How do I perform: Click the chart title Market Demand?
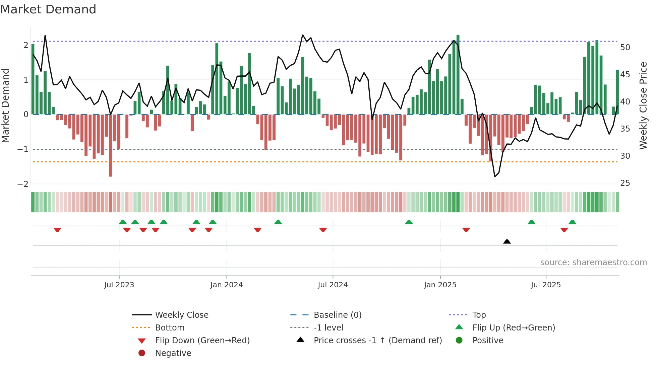pyautogui.click(x=48, y=9)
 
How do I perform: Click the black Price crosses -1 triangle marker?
pyautogui.click(x=507, y=241)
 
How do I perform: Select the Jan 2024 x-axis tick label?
pyautogui.click(x=226, y=285)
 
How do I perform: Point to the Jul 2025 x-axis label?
pyautogui.click(x=546, y=285)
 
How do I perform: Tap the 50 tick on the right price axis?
pyautogui.click(x=625, y=48)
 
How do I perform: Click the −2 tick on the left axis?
pyautogui.click(x=23, y=184)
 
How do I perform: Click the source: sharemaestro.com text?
pyautogui.click(x=593, y=263)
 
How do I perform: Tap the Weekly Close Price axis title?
pyautogui.click(x=643, y=105)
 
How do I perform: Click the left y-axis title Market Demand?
pyautogui.click(x=5, y=105)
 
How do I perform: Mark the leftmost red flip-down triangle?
pyautogui.click(x=57, y=230)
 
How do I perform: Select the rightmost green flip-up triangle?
pyautogui.click(x=572, y=222)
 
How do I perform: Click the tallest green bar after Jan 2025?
pyautogui.click(x=458, y=74)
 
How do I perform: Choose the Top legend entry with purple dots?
pyautogui.click(x=479, y=315)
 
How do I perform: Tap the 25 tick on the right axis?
pyautogui.click(x=625, y=183)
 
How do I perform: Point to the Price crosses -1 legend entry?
pyautogui.click(x=377, y=341)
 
